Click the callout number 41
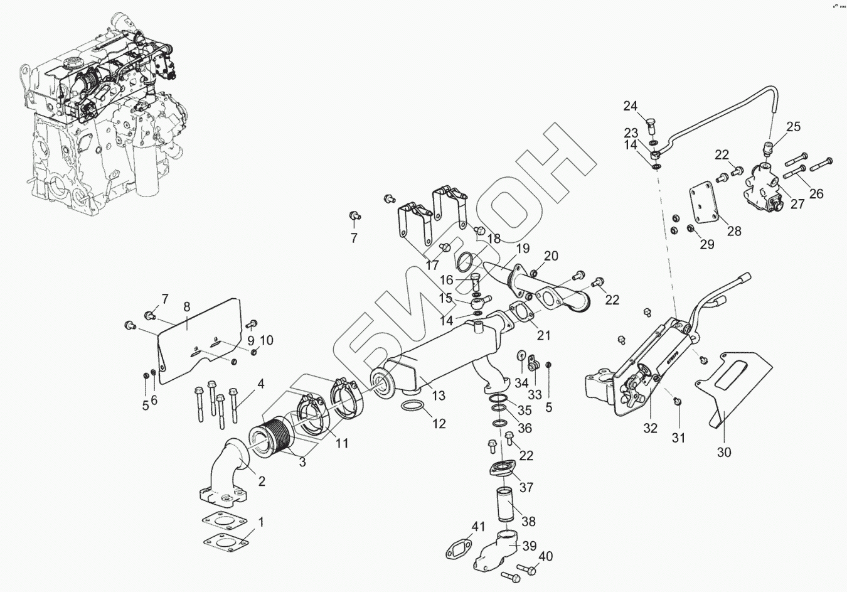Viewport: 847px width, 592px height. click(478, 527)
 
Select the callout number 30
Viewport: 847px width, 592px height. click(724, 451)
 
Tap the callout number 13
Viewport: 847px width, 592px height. click(439, 396)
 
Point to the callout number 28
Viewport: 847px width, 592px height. click(734, 231)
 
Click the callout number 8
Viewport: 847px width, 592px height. click(186, 307)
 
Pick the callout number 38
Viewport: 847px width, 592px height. click(529, 521)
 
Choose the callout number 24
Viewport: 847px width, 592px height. click(630, 105)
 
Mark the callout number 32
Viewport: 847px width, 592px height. click(650, 429)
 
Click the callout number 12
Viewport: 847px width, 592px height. click(439, 424)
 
